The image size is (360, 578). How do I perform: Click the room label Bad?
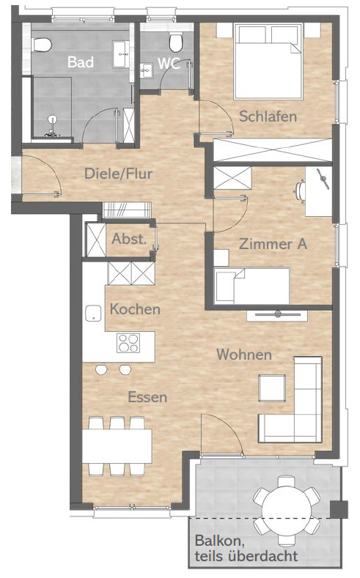tap(81, 62)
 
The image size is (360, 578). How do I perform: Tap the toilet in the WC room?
tap(175, 42)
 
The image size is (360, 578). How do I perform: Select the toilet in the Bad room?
tap(42, 45)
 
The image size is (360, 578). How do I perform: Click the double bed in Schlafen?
tap(268, 62)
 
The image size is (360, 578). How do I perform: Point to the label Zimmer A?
tap(273, 244)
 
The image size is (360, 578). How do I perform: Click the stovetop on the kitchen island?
tap(128, 343)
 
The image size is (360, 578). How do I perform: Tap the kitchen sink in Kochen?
tap(93, 314)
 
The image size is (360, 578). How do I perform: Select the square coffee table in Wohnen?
tap(272, 388)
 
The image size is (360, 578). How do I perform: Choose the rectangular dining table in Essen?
tap(117, 446)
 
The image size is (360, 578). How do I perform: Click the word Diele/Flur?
tap(118, 173)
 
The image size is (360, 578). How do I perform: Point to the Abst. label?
tap(129, 239)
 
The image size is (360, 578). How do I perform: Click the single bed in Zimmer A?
tap(252, 286)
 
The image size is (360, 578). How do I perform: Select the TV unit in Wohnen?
tap(277, 315)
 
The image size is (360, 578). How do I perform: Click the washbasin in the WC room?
tap(147, 70)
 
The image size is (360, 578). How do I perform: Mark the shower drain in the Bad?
tap(52, 119)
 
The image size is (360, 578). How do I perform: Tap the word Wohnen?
tap(244, 355)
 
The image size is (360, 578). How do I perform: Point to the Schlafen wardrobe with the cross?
tap(273, 150)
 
